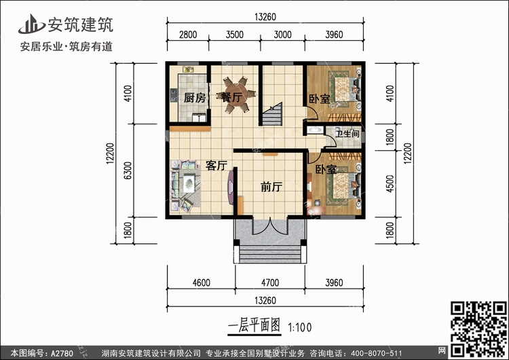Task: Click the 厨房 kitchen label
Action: coord(195,98)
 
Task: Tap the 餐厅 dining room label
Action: coord(232,98)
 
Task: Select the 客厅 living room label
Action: coord(216,165)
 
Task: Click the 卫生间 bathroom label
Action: coord(346,134)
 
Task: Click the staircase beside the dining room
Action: coord(273,114)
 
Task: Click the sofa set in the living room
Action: coord(186,183)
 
